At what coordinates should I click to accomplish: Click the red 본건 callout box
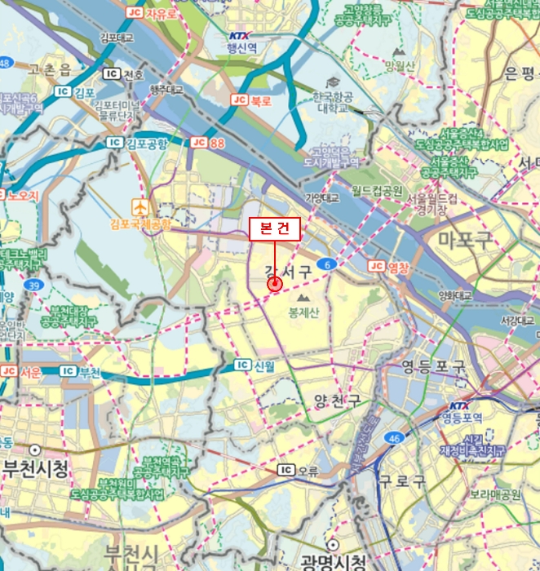coord(275,229)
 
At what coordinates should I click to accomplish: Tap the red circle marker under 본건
coord(274,284)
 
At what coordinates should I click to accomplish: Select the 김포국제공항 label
coord(141,223)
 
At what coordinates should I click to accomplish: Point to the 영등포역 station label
coord(463,417)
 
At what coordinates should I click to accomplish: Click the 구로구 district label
coord(402,481)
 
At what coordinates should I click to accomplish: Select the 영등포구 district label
coord(434,367)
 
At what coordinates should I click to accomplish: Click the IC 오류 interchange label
coord(297,470)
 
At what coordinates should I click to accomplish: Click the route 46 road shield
coord(395,438)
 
